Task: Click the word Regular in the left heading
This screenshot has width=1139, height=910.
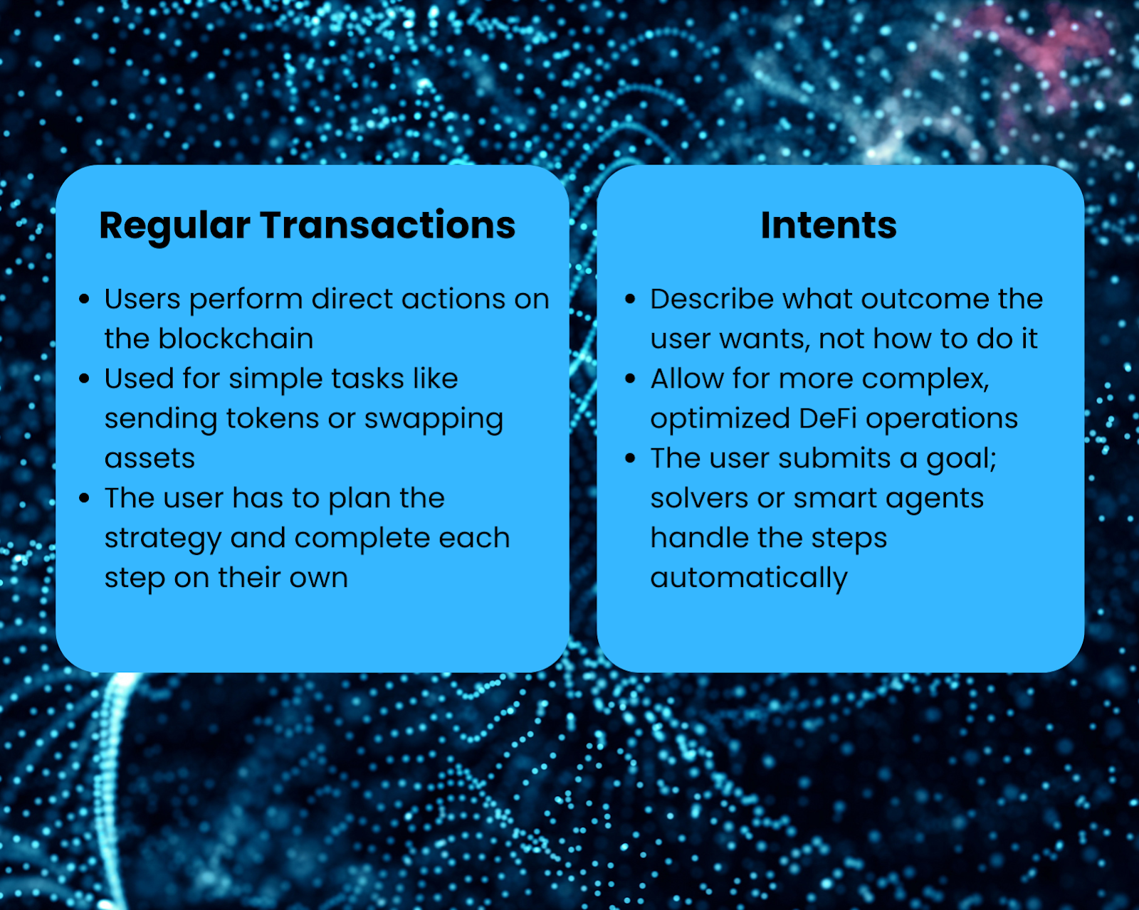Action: (x=174, y=227)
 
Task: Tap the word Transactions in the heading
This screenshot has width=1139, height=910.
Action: (x=387, y=226)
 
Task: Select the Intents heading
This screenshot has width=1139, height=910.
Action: (x=829, y=226)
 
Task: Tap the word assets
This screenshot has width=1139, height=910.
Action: (x=149, y=459)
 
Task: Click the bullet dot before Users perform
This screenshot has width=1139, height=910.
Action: (x=84, y=300)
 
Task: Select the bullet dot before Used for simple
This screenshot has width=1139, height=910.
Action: (x=84, y=379)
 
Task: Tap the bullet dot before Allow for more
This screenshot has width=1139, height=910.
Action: (x=630, y=379)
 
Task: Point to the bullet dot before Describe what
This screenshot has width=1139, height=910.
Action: (x=630, y=300)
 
